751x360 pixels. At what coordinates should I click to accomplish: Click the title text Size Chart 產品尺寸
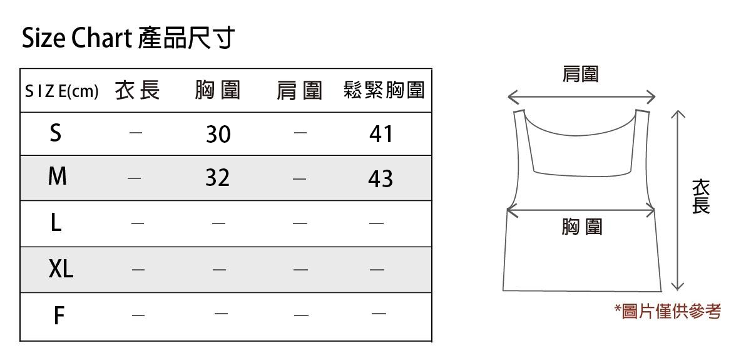(128, 39)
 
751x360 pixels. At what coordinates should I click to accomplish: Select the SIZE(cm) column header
(61, 91)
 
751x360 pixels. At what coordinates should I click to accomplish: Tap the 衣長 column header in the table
(138, 91)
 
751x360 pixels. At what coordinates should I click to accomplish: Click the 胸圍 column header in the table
(217, 91)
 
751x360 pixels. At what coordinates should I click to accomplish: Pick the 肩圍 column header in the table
(299, 91)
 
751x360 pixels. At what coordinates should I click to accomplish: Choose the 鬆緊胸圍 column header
(384, 91)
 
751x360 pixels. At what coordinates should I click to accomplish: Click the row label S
(56, 133)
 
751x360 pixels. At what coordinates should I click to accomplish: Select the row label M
(57, 178)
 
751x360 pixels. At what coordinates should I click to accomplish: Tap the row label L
(56, 223)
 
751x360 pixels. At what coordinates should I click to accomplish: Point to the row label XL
(61, 270)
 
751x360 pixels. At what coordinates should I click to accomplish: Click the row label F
(58, 316)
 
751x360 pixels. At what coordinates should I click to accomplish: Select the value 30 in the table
(218, 134)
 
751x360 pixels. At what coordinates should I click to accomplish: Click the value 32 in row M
(218, 178)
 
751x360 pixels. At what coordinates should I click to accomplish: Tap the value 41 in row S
(381, 133)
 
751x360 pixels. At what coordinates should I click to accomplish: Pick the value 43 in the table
(381, 179)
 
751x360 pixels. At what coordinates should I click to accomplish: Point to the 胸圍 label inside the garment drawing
(581, 227)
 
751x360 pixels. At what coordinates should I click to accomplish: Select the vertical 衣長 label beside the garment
(701, 197)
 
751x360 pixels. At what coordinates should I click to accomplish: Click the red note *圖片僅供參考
(668, 311)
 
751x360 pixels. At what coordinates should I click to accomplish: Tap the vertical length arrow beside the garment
(677, 200)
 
